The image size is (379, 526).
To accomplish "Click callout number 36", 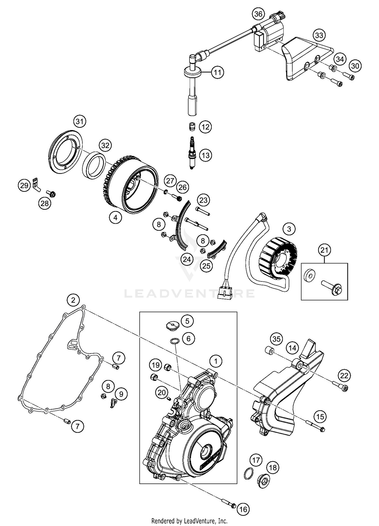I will [x=258, y=14].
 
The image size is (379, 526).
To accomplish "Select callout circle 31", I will [x=80, y=122].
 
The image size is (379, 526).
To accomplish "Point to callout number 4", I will [x=115, y=217].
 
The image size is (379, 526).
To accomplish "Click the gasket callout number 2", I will [x=73, y=300].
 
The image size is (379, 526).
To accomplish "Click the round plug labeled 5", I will [x=173, y=325].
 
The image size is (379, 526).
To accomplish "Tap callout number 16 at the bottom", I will [x=243, y=509].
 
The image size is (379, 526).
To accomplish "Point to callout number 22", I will [x=344, y=376].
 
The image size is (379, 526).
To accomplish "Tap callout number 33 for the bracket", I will [x=319, y=35].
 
